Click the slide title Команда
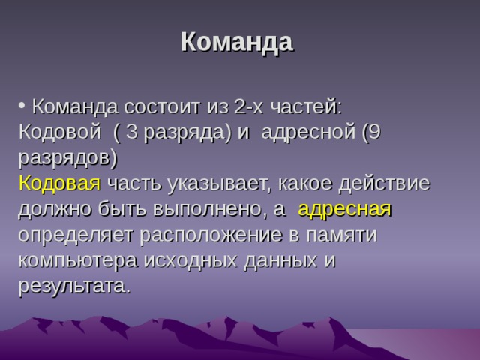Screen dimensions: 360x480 pos(237,41)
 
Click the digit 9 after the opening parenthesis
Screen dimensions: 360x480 pos(375,133)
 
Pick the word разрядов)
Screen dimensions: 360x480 pos(67,158)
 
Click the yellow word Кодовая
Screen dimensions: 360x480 pos(58,184)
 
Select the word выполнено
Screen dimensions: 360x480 pos(209,209)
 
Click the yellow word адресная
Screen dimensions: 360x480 pos(344,209)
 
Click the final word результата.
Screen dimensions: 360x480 pos(73,286)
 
